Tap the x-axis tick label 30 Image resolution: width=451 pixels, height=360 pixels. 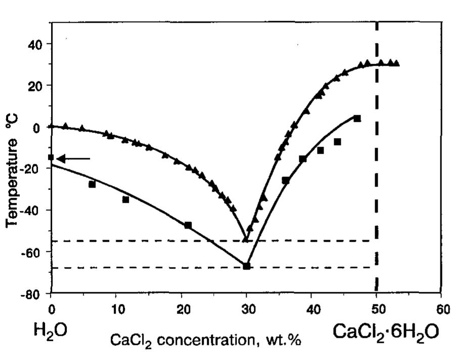tap(246, 309)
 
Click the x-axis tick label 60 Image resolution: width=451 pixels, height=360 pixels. tap(443, 309)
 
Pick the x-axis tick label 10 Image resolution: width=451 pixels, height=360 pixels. tap(116, 309)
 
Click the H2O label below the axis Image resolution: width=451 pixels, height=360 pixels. tap(51, 331)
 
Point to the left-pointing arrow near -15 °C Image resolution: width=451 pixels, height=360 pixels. tap(73, 159)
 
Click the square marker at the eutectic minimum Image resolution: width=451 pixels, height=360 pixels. tap(246, 266)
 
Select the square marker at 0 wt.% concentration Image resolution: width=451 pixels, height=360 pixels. tap(51, 157)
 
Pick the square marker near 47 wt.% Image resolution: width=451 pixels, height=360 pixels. tap(357, 118)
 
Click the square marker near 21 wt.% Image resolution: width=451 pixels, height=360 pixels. tap(188, 225)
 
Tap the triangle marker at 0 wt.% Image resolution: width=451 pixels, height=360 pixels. tap(51, 126)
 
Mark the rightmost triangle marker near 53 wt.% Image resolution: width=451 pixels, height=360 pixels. tap(396, 63)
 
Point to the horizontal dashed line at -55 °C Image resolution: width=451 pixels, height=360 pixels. tap(152, 241)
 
